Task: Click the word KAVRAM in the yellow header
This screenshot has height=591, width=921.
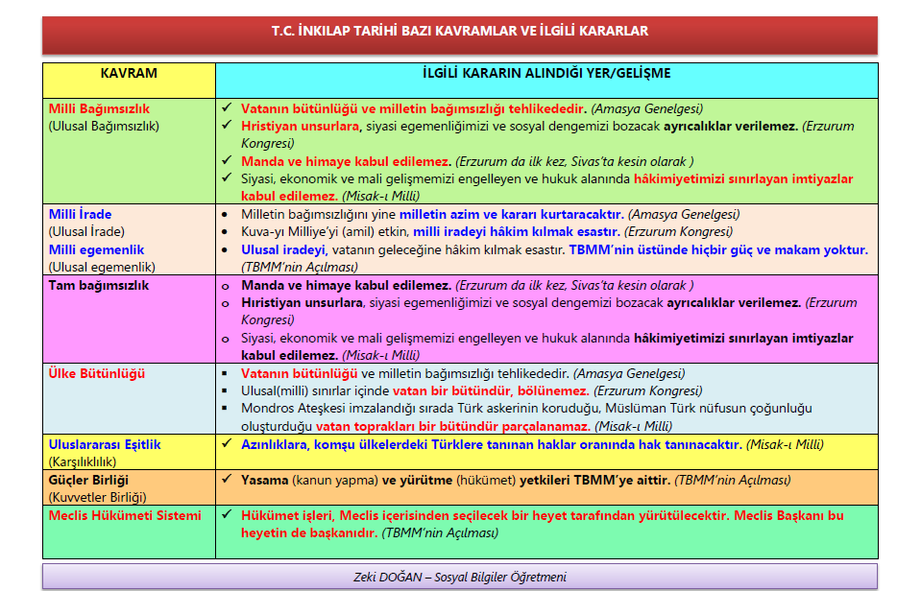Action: coord(129,73)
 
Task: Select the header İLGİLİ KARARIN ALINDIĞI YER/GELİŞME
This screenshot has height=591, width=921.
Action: coord(546,73)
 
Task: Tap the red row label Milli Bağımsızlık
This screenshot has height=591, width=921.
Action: coord(100,109)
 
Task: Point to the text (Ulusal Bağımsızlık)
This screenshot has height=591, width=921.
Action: coord(104,126)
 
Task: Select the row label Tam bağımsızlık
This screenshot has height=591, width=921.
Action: coord(99,286)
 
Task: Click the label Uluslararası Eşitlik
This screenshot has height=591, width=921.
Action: coord(105,444)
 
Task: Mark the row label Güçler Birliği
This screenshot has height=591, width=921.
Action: coord(88,480)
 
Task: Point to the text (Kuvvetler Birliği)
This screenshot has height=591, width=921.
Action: coord(100,497)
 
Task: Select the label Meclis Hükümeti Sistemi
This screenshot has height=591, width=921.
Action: coord(125,515)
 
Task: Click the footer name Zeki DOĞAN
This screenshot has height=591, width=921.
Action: coord(391,578)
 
